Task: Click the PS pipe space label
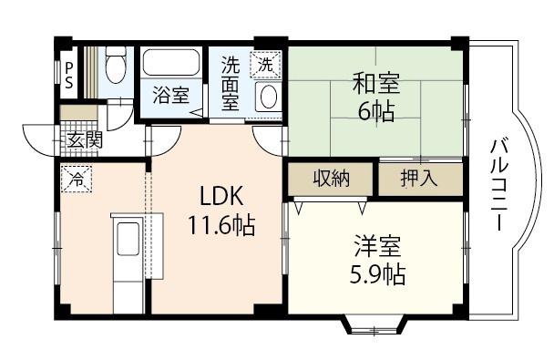pyautogui.click(x=69, y=76)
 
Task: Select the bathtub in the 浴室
pyautogui.click(x=171, y=63)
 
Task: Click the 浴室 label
pyautogui.click(x=171, y=96)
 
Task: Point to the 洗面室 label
pyautogui.click(x=231, y=84)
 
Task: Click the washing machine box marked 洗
pyautogui.click(x=265, y=64)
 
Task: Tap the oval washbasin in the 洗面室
pyautogui.click(x=268, y=96)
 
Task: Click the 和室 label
pyautogui.click(x=376, y=83)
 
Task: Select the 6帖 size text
pyautogui.click(x=376, y=112)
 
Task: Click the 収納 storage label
pyautogui.click(x=332, y=179)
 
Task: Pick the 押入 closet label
pyautogui.click(x=418, y=179)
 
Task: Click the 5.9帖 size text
pyautogui.click(x=377, y=274)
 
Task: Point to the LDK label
pyautogui.click(x=221, y=196)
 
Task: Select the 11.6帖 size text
pyautogui.click(x=221, y=225)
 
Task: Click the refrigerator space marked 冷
pyautogui.click(x=77, y=180)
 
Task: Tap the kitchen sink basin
pyautogui.click(x=128, y=239)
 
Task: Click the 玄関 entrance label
pyautogui.click(x=85, y=140)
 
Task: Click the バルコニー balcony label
pyautogui.click(x=499, y=185)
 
